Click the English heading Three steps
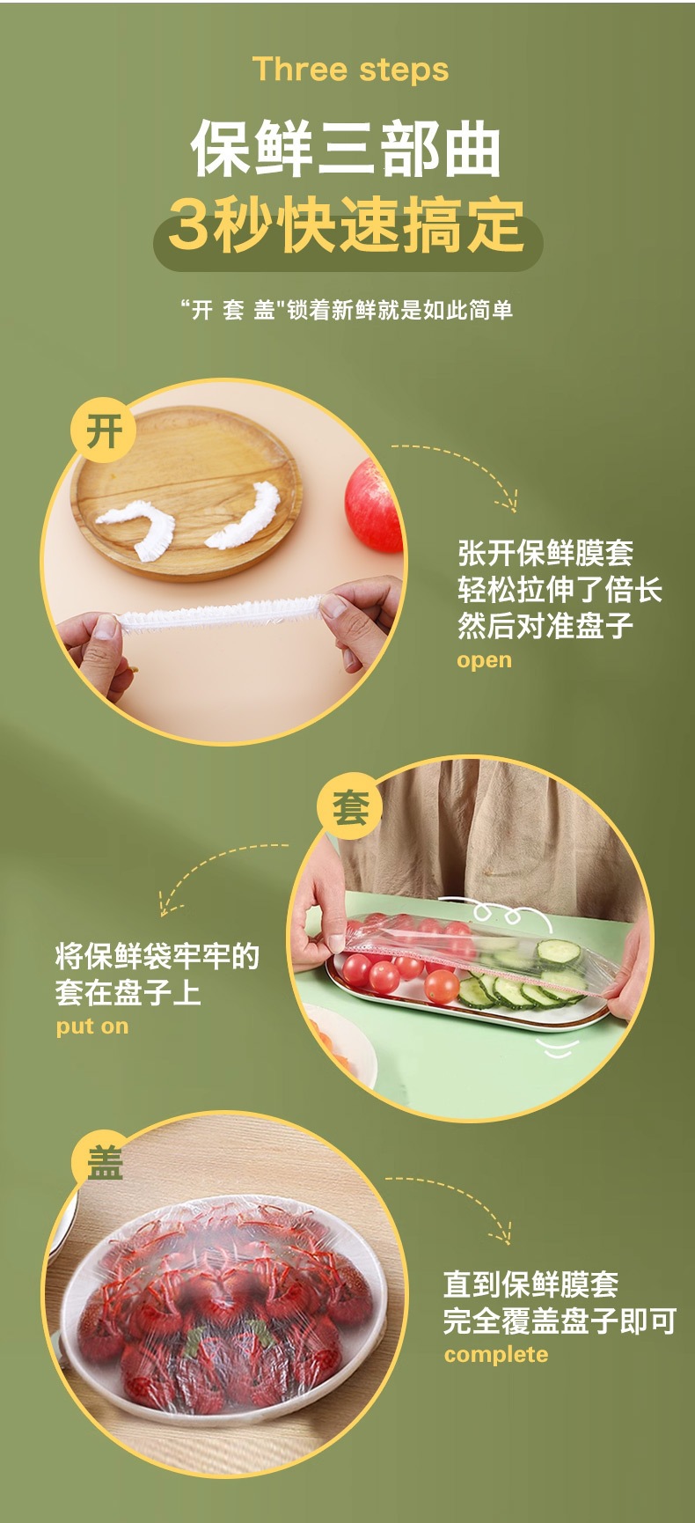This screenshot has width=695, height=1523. [x=350, y=70]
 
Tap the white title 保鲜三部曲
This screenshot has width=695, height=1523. [x=347, y=148]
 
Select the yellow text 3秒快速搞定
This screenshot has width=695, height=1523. [x=347, y=225]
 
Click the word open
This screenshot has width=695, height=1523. [x=484, y=660]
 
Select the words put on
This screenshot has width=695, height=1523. [x=92, y=1026]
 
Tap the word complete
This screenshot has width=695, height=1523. [x=496, y=1355]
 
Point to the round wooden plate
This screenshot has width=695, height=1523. [x=186, y=492]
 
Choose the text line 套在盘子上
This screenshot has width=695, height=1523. [x=128, y=992]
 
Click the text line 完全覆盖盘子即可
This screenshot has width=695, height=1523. [x=560, y=1321]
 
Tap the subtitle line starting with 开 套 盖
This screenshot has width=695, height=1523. [x=346, y=310]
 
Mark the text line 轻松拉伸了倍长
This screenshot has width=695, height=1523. [x=560, y=590]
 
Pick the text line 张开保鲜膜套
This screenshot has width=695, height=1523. [x=545, y=553]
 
